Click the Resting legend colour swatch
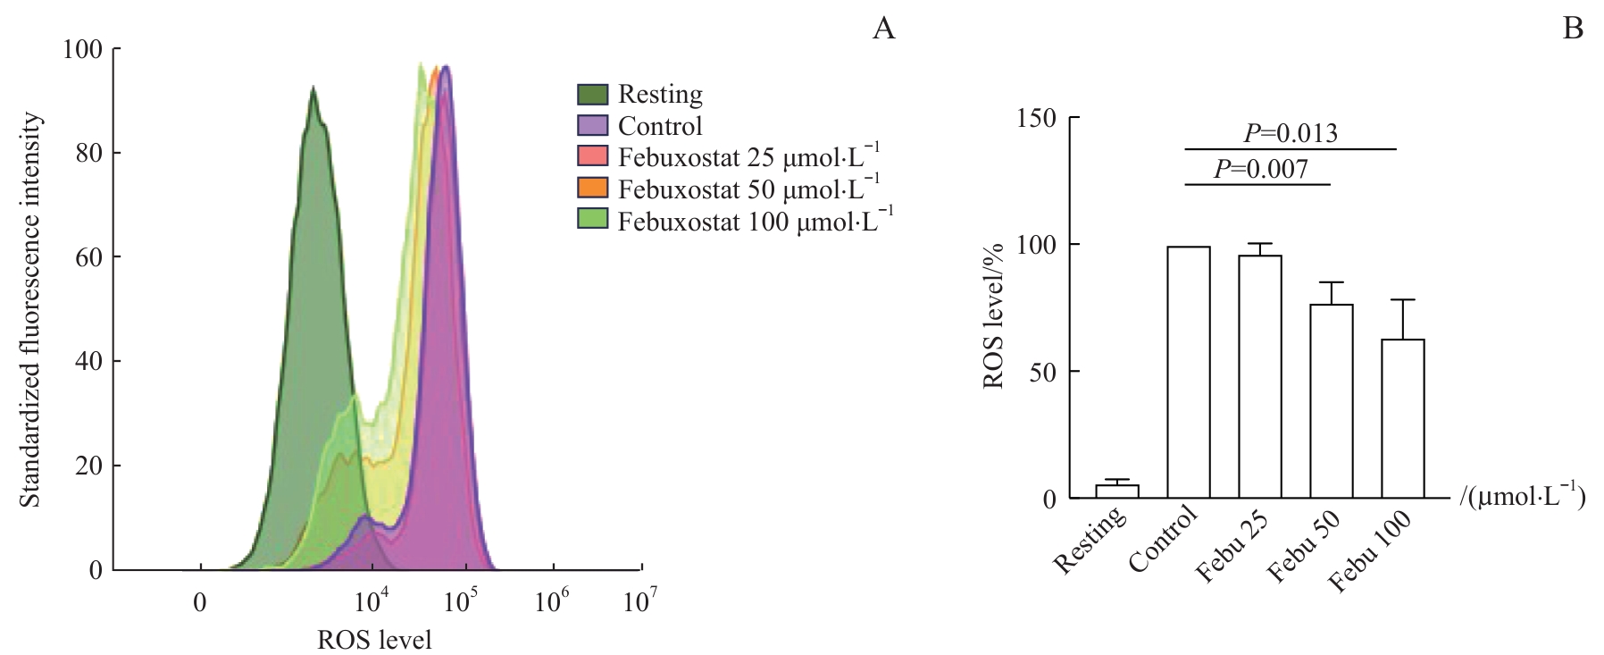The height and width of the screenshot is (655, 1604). (593, 94)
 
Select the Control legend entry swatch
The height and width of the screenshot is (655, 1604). (593, 125)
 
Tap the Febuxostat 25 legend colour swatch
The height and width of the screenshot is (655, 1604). (593, 156)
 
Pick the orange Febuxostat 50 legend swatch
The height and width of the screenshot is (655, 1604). (593, 189)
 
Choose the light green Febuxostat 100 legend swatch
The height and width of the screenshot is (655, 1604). (593, 220)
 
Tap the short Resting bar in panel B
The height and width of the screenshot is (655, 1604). (1117, 491)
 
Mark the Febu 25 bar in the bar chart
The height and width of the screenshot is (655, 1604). (1259, 376)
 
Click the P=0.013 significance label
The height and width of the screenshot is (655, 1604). (1291, 134)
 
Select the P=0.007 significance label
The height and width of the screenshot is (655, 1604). (1260, 169)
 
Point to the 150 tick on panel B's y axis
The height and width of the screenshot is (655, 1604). (1038, 118)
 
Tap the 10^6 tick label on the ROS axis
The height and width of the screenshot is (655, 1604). (553, 601)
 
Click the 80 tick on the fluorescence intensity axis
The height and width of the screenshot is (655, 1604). (87, 153)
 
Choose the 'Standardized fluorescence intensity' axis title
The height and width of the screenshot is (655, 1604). (30, 309)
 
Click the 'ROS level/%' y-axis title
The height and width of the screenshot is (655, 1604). (994, 315)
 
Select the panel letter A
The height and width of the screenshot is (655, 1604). (882, 29)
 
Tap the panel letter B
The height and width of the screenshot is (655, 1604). (1572, 29)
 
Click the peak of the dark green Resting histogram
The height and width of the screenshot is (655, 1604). (313, 88)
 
